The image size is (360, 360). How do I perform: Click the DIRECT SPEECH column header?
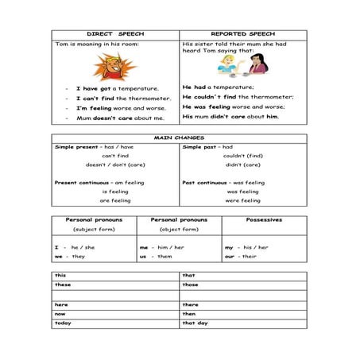(116, 35)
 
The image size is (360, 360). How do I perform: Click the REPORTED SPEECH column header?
(243, 35)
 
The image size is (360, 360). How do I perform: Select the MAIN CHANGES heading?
(179, 137)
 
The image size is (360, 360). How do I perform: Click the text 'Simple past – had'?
(207, 147)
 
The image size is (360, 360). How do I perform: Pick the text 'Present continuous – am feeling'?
(99, 183)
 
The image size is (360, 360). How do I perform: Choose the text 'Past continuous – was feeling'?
(223, 183)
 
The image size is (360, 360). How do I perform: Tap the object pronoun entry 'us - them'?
(156, 257)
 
